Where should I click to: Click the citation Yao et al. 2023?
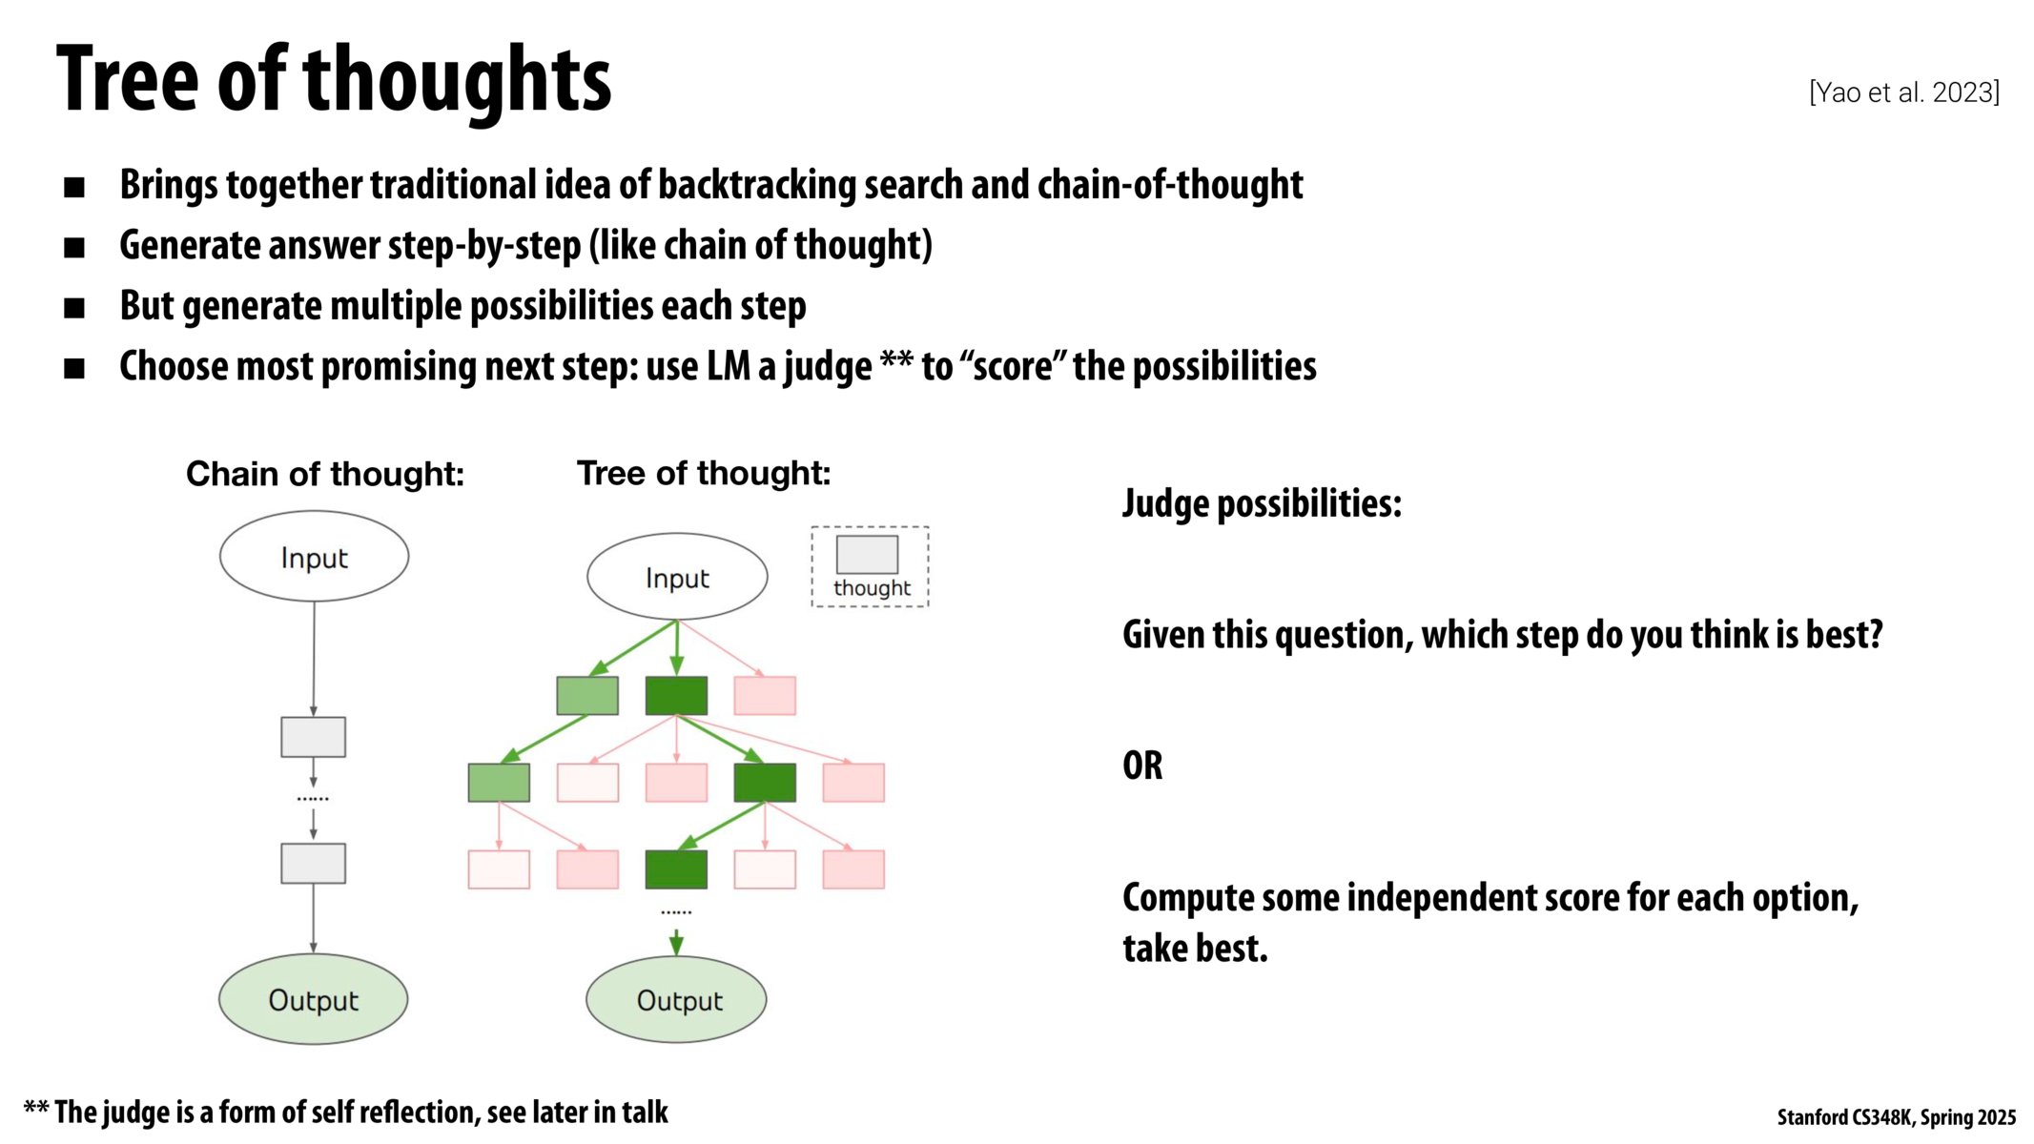coord(1903,92)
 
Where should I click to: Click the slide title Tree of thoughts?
coord(333,80)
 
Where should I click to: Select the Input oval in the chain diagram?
coord(314,557)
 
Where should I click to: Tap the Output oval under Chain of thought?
coord(313,999)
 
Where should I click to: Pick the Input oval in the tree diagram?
coord(677,577)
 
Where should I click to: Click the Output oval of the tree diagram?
coord(676,999)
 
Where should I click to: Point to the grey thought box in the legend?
coord(867,554)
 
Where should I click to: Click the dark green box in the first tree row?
coord(676,695)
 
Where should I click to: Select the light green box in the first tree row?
coord(587,695)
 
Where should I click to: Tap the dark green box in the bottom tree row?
coord(676,868)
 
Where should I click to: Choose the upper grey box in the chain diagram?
coord(313,737)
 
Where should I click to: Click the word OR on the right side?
coord(1142,766)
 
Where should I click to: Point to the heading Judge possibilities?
coord(1262,503)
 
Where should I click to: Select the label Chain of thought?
coord(324,474)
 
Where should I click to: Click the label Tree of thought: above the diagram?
coord(704,473)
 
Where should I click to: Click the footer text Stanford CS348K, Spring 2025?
coord(1896,1117)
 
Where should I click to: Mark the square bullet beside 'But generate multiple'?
coord(74,308)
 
